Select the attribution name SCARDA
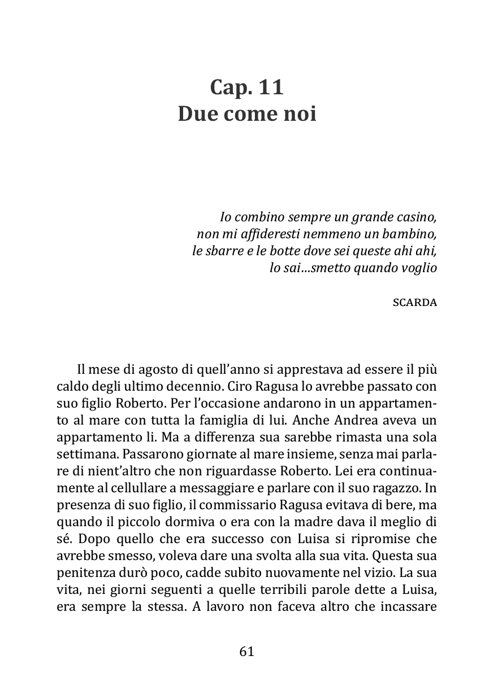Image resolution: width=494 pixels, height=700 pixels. click(x=414, y=302)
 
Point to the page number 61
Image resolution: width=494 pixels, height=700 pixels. click(x=247, y=651)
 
